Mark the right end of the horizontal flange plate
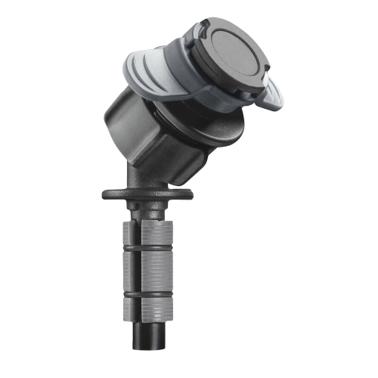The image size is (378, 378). [x=191, y=194]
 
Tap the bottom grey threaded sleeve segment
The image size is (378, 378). [x=149, y=308]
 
